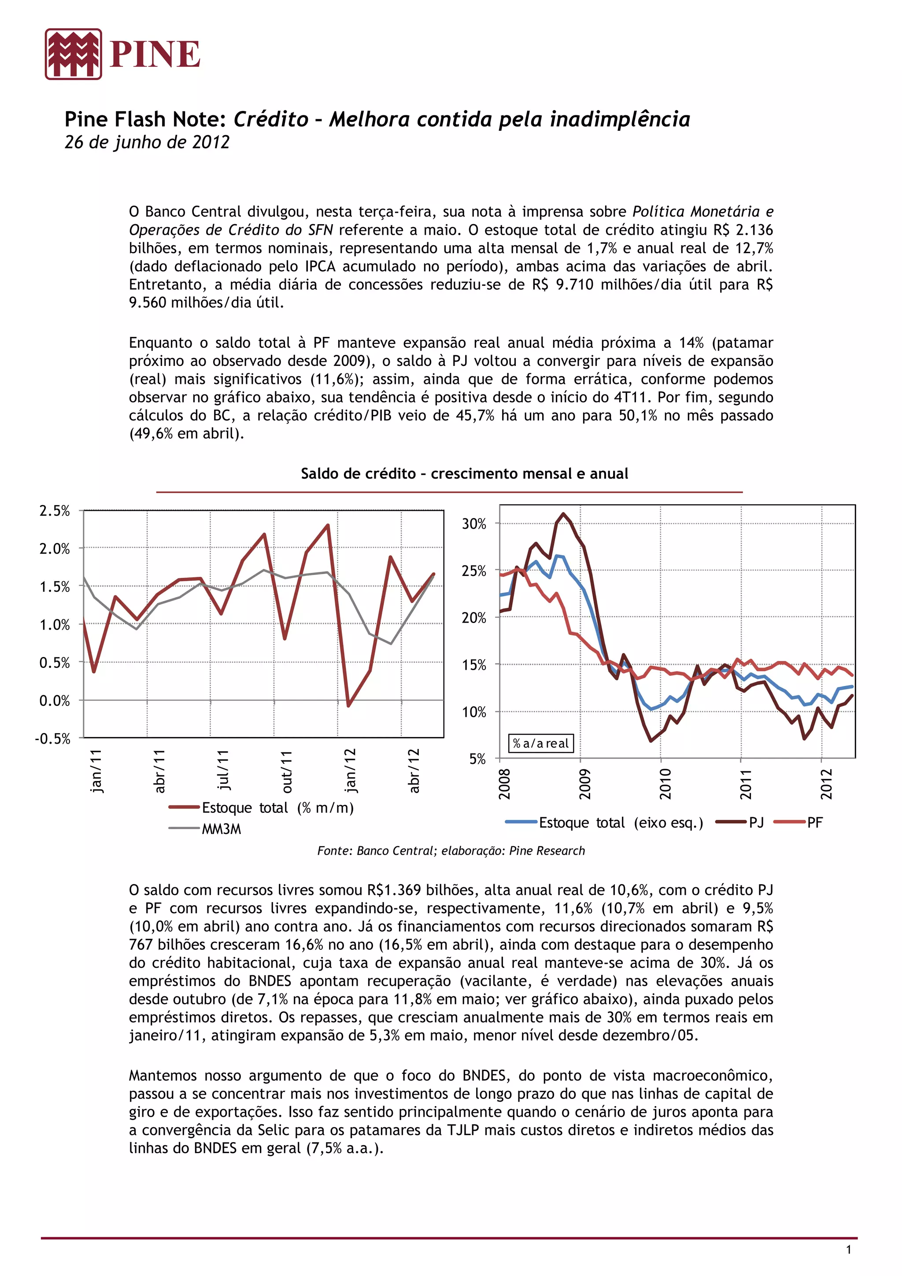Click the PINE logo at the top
(x=123, y=55)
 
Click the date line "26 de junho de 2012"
(x=147, y=142)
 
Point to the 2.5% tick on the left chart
(x=55, y=510)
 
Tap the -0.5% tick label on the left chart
(x=53, y=738)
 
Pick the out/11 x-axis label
(x=286, y=771)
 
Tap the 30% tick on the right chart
(x=473, y=524)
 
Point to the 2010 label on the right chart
(x=665, y=784)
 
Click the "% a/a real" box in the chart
(x=540, y=744)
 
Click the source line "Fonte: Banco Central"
(x=451, y=850)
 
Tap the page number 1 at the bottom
(x=848, y=1250)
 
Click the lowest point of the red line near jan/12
(x=348, y=706)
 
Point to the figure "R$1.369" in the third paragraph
(x=393, y=890)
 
